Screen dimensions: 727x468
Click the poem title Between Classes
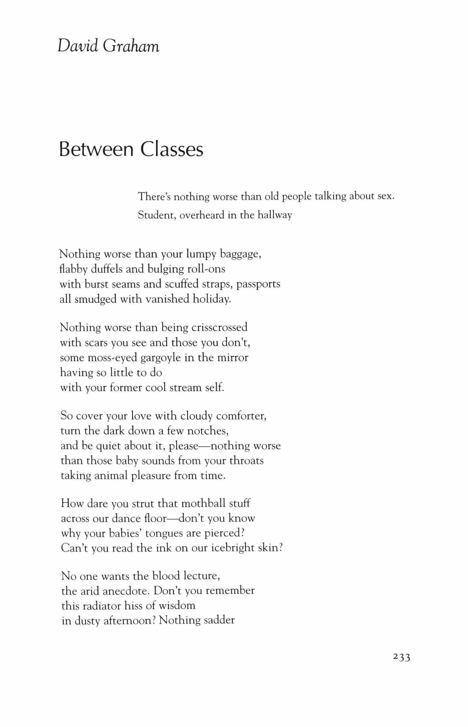(131, 149)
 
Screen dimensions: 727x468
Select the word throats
(246, 461)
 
